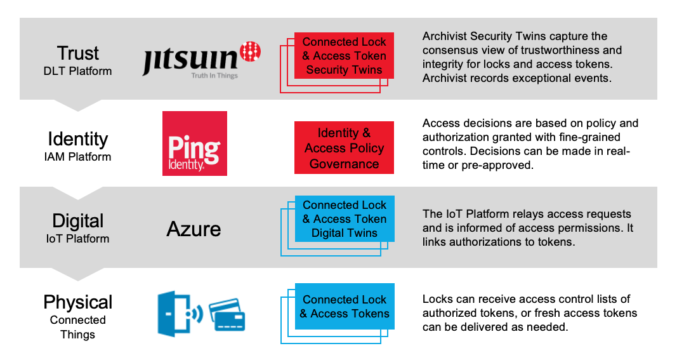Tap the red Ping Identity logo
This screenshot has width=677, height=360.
(194, 143)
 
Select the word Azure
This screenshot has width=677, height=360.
(194, 229)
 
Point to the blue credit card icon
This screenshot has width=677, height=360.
(227, 315)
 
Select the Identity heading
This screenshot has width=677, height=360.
(78, 138)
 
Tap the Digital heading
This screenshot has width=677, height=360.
(78, 221)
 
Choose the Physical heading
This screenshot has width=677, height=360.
(78, 302)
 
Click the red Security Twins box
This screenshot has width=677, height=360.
(344, 56)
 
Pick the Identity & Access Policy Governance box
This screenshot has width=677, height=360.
(344, 148)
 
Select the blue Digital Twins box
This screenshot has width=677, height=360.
(344, 219)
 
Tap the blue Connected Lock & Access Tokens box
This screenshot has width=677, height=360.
(344, 306)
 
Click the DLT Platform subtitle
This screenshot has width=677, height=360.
(78, 70)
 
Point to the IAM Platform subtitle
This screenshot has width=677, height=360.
(78, 157)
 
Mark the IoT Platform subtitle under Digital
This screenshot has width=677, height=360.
(78, 239)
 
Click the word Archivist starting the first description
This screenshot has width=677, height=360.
(445, 36)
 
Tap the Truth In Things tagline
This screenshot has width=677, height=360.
(214, 76)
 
